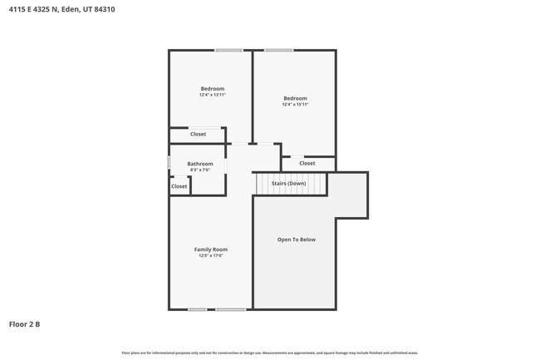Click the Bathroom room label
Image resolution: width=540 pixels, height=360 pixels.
pos(199,164)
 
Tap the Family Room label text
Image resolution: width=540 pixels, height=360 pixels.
pos(211,249)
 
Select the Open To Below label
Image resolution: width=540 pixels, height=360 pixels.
pos(296,239)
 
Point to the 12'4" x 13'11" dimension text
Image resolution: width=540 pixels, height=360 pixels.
pos(213,95)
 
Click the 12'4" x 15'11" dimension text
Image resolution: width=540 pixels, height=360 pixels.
pos(295,104)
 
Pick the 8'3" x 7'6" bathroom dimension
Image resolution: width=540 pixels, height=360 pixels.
pos(199,170)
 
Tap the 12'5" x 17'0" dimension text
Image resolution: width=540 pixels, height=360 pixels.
pos(211,256)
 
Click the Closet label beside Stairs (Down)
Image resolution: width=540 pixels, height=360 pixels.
pos(307,163)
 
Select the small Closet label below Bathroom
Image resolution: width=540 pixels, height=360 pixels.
pos(179,186)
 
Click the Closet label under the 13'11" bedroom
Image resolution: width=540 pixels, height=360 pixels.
pos(198,134)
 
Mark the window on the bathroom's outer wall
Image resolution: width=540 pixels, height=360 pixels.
pos(169,163)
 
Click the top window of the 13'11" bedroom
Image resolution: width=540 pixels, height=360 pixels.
pos(228,51)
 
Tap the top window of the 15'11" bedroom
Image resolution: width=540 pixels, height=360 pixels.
pos(279,51)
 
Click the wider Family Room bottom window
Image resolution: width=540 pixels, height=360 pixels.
pos(231,309)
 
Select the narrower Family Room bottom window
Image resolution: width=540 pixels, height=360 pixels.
pos(197,309)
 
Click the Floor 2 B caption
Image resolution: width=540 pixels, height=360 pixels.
pos(24,324)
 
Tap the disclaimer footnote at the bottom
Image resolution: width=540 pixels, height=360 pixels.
pos(270,353)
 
